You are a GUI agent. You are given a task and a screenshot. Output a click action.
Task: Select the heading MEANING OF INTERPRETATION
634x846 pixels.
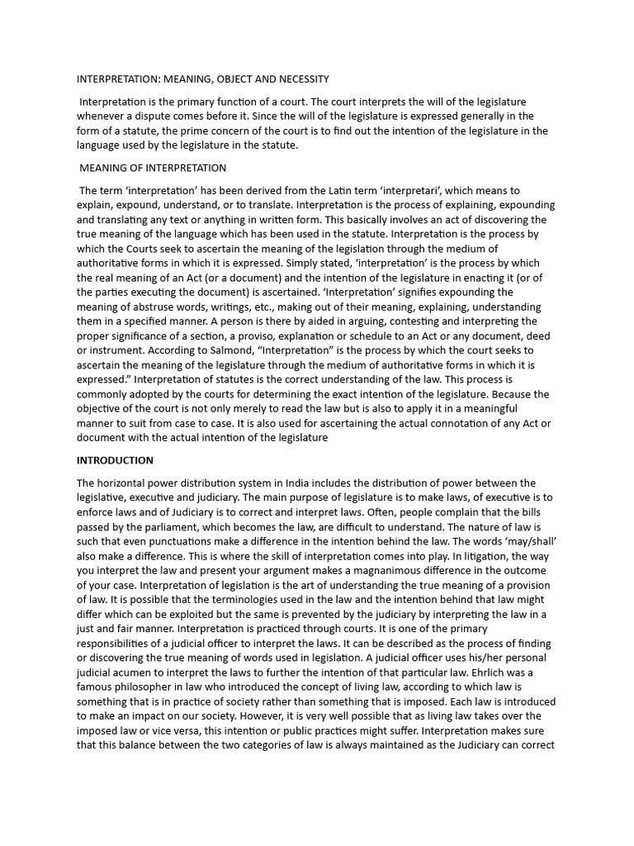point(153,168)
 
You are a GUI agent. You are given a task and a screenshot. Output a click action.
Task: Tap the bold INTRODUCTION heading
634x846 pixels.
point(115,460)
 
